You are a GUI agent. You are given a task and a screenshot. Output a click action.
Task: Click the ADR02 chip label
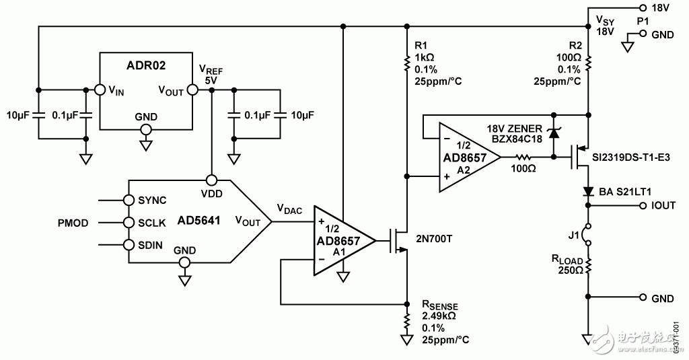tap(146, 66)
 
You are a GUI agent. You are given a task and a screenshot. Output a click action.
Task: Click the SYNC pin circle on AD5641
tap(128, 200)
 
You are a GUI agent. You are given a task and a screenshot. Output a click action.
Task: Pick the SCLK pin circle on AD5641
tap(128, 222)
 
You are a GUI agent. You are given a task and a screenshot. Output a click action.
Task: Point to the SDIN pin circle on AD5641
tap(128, 244)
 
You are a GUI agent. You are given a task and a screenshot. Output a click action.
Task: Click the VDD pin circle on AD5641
tap(212, 180)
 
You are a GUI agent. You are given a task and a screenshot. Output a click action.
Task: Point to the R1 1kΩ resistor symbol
tap(406, 63)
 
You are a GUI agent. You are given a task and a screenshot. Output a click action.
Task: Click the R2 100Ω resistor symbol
tap(588, 63)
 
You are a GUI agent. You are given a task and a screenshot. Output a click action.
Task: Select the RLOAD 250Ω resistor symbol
tap(588, 266)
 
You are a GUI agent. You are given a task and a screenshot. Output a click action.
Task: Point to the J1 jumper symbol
tap(588, 234)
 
